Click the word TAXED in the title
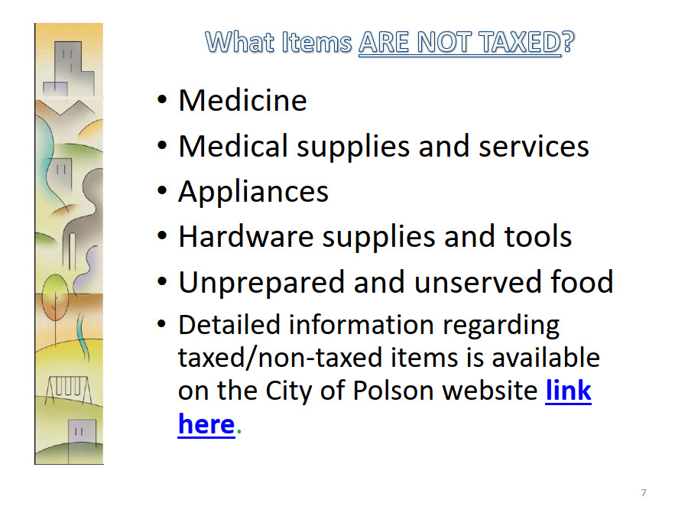(x=521, y=43)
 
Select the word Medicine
(x=242, y=100)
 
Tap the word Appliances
(x=253, y=192)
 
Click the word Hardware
(x=246, y=236)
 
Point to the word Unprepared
(x=261, y=283)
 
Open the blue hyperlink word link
(x=569, y=390)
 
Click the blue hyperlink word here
(x=206, y=424)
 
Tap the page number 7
(x=644, y=493)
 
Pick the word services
(x=534, y=147)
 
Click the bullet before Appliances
(x=162, y=191)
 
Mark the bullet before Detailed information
(x=162, y=325)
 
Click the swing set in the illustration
(x=68, y=390)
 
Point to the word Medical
(x=233, y=147)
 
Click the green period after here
(x=239, y=432)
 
